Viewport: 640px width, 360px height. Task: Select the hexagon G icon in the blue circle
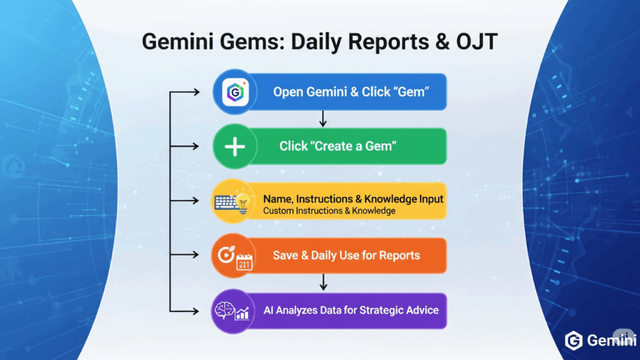click(235, 92)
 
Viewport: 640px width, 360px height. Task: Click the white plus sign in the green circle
click(235, 146)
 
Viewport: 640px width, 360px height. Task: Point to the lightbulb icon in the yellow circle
click(243, 203)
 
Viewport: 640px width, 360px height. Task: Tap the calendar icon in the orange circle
click(244, 262)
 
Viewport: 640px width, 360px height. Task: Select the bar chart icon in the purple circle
click(242, 313)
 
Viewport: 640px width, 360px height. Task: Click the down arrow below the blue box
click(323, 118)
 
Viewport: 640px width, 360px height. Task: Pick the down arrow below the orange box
click(323, 282)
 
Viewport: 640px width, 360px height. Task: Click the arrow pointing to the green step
click(184, 146)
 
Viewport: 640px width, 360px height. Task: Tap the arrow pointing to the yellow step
click(184, 201)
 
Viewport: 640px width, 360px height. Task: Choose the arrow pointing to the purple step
click(184, 311)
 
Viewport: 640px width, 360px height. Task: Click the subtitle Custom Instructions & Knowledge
click(329, 211)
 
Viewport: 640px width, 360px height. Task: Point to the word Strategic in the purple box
click(381, 311)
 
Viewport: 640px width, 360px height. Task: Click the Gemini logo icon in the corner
click(574, 341)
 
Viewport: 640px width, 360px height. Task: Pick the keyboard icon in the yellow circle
click(226, 203)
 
